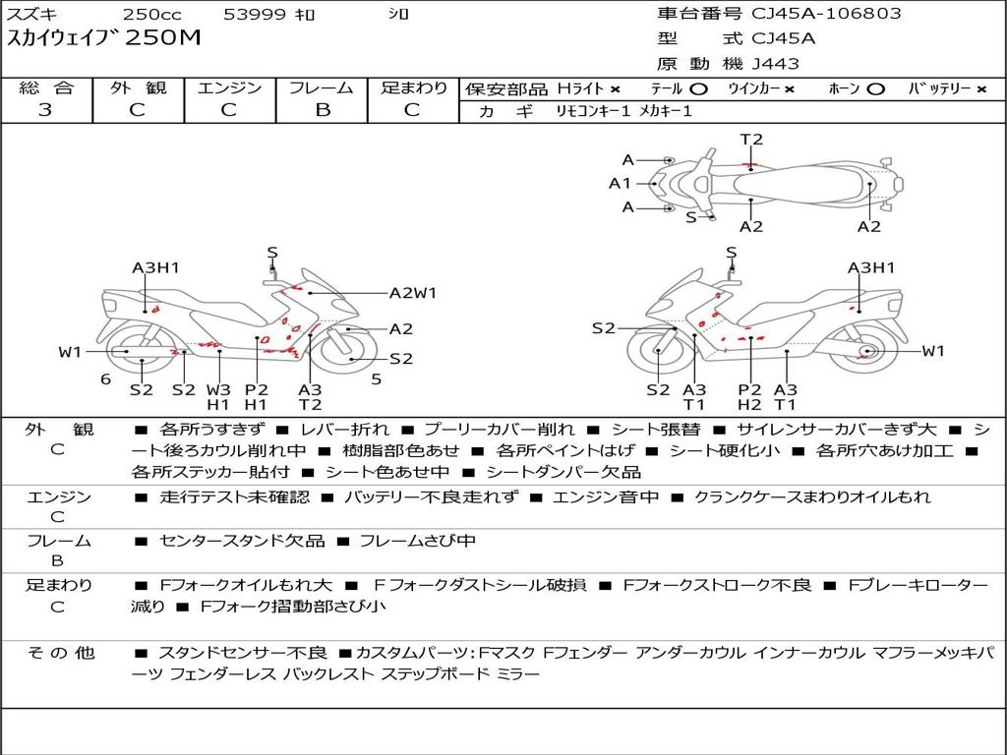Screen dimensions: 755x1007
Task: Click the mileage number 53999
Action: point(255,14)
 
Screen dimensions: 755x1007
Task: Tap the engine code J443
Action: point(775,64)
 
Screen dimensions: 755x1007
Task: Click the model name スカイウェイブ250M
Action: point(103,39)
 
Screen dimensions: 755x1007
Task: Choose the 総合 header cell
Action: point(46,88)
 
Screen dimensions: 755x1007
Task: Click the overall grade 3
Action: point(45,109)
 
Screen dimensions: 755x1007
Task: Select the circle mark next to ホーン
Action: point(876,88)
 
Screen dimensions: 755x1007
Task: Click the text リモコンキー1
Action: point(591,111)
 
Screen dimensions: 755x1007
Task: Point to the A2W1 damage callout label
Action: point(412,292)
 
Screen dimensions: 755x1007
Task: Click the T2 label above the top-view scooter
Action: point(751,140)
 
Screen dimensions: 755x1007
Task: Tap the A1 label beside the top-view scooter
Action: point(620,183)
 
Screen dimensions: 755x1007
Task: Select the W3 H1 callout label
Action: point(217,396)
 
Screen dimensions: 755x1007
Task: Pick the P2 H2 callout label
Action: point(749,396)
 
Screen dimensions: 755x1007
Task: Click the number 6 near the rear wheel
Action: point(105,379)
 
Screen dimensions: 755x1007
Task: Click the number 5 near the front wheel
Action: point(376,379)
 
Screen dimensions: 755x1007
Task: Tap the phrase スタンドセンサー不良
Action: point(242,653)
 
